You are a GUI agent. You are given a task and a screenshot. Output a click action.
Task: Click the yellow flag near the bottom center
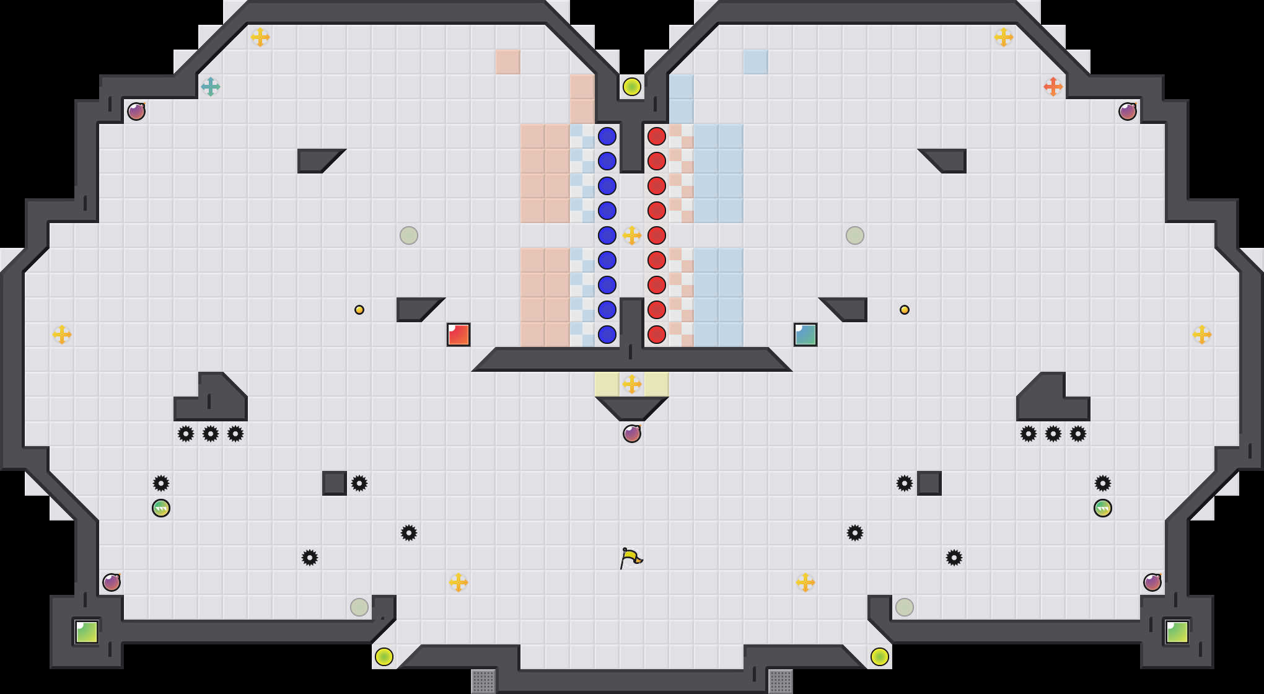tap(631, 558)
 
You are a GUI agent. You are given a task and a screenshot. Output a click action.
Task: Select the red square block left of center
tap(459, 335)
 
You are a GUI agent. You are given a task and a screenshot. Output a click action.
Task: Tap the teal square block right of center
tap(805, 335)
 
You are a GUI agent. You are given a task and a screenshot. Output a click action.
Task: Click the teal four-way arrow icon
tap(211, 87)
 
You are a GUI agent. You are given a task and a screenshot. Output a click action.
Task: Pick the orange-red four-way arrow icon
tap(1053, 87)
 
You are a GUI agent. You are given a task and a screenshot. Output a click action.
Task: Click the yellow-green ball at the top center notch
tap(632, 87)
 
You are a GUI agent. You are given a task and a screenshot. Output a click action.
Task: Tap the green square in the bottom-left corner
tap(87, 632)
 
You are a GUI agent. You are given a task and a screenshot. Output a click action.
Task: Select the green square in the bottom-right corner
tap(1177, 632)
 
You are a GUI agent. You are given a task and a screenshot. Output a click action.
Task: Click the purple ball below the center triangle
tap(632, 434)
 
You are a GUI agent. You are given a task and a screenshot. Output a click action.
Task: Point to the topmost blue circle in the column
tap(607, 136)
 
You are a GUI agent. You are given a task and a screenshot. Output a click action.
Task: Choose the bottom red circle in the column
tap(657, 335)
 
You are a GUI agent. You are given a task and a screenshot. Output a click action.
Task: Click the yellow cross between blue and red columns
tap(632, 235)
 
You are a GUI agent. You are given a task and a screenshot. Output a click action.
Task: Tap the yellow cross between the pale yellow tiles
tap(632, 384)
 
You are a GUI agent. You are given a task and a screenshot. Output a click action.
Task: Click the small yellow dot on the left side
tap(359, 310)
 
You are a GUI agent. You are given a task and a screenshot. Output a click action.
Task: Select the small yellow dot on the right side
tap(905, 310)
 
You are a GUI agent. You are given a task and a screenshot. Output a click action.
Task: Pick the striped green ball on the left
tap(161, 508)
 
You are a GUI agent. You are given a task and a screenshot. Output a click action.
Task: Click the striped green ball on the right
tap(1103, 508)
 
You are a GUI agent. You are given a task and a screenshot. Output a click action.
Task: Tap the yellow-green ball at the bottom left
tap(384, 657)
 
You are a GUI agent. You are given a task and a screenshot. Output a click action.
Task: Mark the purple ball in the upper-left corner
tap(136, 112)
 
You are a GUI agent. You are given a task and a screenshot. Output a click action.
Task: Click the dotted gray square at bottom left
tap(483, 682)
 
